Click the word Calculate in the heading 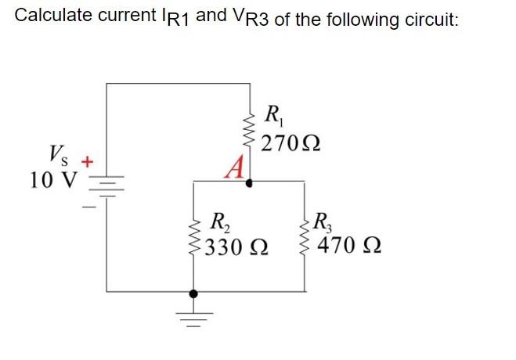pos(49,16)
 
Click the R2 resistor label pos(222,221)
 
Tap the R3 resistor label pos(323,221)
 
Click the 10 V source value pos(52,180)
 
